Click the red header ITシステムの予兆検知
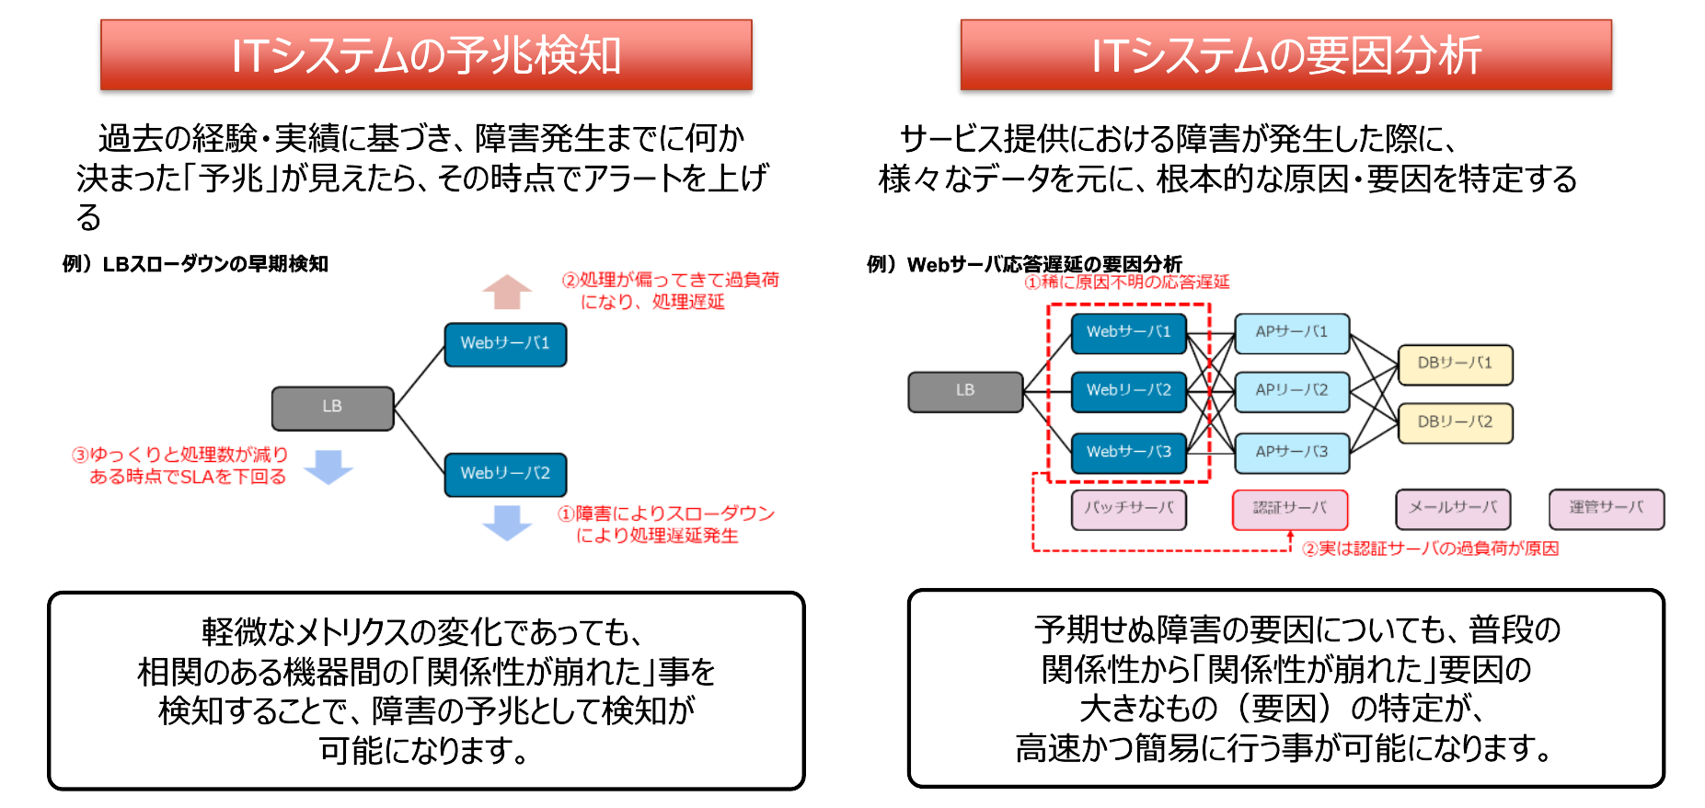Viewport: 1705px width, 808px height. click(426, 55)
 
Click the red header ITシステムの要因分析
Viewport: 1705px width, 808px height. click(1285, 55)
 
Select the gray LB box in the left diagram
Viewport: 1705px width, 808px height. click(332, 408)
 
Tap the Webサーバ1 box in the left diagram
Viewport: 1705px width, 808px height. click(505, 344)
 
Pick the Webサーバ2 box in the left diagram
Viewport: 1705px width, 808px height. click(505, 474)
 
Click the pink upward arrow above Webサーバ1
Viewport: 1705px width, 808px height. click(507, 292)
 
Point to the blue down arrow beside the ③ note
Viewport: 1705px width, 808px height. click(328, 467)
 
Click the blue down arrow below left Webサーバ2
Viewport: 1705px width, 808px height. click(507, 522)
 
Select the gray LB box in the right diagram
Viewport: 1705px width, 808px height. click(964, 391)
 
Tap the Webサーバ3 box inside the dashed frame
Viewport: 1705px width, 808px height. click(1128, 453)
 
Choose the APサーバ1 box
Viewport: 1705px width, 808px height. click(1291, 333)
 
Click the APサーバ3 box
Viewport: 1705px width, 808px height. click(1291, 453)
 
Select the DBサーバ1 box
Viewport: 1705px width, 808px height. click(1455, 364)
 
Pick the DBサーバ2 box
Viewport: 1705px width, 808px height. click(1455, 422)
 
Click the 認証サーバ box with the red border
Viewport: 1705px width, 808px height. click(1290, 509)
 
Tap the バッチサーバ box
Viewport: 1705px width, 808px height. click(1128, 509)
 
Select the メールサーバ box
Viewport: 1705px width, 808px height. click(1453, 509)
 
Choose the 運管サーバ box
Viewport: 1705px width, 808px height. click(1606, 509)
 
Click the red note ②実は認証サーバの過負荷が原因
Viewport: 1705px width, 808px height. click(1430, 548)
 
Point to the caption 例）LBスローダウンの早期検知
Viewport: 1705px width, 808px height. click(195, 264)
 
